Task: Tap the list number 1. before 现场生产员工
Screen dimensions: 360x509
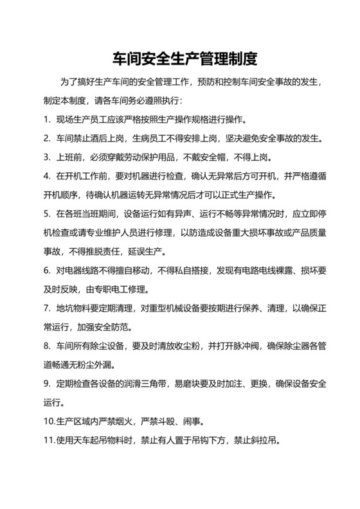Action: (47, 120)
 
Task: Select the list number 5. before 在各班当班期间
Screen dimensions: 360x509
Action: (47, 213)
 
